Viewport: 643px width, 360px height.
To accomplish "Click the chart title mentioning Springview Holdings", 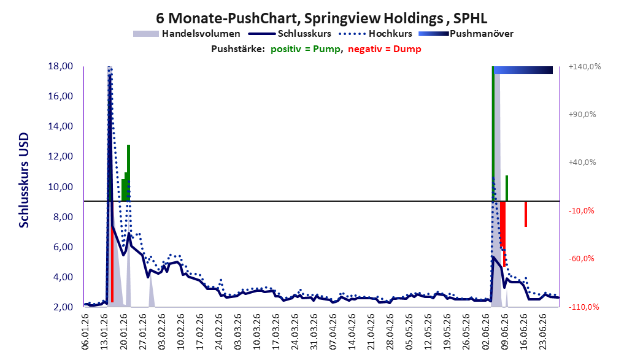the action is (x=321, y=18).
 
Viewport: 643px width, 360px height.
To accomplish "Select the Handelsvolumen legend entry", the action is (x=187, y=34).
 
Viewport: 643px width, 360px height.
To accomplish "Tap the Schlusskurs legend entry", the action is (x=290, y=34).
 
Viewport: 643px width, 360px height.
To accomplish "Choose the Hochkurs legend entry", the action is (x=375, y=34).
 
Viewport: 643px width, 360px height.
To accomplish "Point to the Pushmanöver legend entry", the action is (x=466, y=34).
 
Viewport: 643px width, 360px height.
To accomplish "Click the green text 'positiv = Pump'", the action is (x=306, y=49).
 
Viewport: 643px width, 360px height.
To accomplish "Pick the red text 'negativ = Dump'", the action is (x=385, y=49).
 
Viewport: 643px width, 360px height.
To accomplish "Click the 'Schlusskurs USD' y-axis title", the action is (x=24, y=180).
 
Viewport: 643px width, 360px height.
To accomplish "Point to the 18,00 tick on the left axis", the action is (x=60, y=66).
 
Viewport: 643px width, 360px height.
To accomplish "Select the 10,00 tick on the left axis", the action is (x=60, y=186).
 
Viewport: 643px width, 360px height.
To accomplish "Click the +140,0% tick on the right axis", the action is (x=585, y=66).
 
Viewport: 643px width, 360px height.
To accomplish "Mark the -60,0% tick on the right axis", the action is (x=582, y=259).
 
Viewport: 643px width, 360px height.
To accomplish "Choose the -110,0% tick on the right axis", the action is (x=583, y=307).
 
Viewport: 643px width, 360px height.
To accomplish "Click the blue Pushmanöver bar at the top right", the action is (x=523, y=70).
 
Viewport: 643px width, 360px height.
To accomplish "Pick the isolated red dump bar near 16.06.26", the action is (x=526, y=214).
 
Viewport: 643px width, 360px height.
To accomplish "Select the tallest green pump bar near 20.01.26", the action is (x=128, y=173).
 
